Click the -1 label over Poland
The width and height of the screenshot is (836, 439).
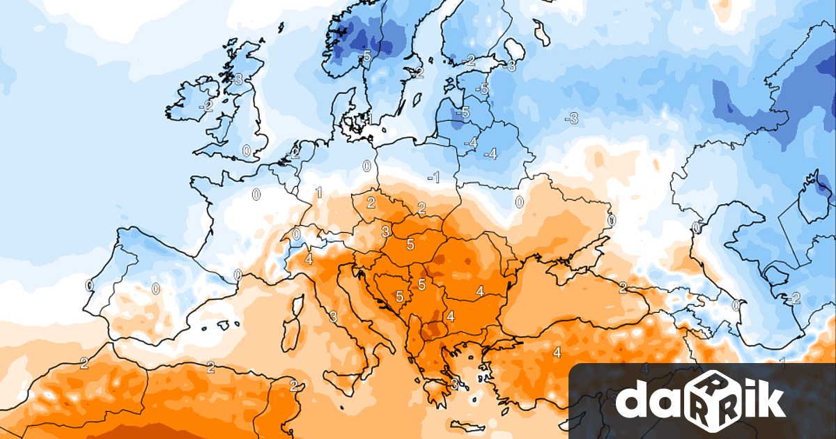433,178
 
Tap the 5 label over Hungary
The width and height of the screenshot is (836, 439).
410,244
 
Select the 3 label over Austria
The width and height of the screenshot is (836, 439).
385,231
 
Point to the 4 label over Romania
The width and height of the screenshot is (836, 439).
480,291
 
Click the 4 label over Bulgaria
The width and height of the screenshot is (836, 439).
451,316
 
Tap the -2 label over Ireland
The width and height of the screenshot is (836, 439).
206,106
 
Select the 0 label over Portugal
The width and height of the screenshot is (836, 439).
89,285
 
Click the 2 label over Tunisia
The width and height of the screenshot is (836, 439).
293,385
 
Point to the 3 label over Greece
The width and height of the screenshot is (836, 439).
454,383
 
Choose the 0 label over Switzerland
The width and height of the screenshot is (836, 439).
296,234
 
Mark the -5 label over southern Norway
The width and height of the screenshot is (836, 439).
365,56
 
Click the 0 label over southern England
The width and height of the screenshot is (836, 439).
246,150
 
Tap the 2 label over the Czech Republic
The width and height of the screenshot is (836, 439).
371,203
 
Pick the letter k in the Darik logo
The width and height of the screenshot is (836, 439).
768,399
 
